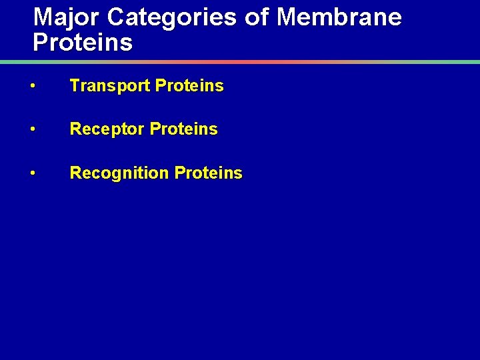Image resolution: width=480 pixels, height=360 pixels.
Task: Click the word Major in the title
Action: coord(63,17)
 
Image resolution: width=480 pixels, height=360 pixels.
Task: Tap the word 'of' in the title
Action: coord(256,17)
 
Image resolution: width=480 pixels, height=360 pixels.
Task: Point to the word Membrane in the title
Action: coord(339,17)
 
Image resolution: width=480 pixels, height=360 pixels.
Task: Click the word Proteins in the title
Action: coord(83,43)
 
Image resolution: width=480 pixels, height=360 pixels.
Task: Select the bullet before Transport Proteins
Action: coord(33,86)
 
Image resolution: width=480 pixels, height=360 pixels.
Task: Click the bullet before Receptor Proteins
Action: coord(33,129)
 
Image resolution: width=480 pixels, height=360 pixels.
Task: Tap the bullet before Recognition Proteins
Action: coord(33,173)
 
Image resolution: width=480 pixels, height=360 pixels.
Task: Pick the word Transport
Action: coord(109,86)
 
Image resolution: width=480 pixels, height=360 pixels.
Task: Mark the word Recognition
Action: coord(119,173)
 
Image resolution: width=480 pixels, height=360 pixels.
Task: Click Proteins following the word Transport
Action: coord(189,86)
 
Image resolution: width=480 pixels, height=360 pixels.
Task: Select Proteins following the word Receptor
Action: coord(184,129)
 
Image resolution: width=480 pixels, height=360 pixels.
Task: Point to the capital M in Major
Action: coord(43,17)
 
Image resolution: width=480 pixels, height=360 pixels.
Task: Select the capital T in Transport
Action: coord(75,86)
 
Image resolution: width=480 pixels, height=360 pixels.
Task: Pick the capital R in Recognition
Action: coord(75,173)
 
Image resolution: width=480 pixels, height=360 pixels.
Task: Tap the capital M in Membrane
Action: coord(287,17)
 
